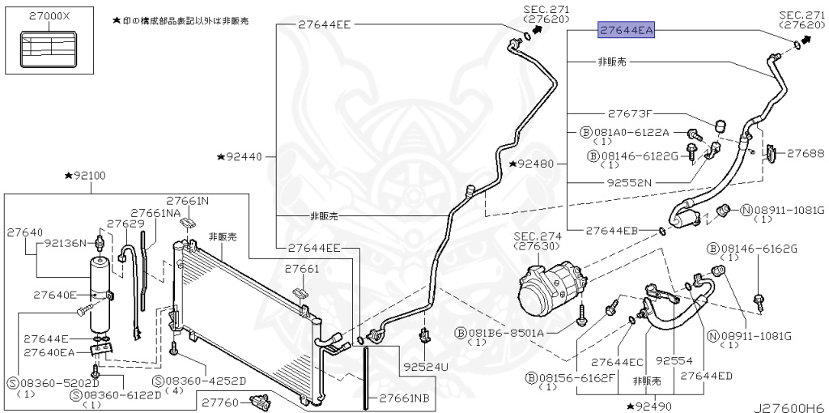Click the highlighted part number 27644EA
tap(625, 31)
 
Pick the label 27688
tap(805, 152)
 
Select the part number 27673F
tap(630, 113)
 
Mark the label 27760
tap(221, 402)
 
